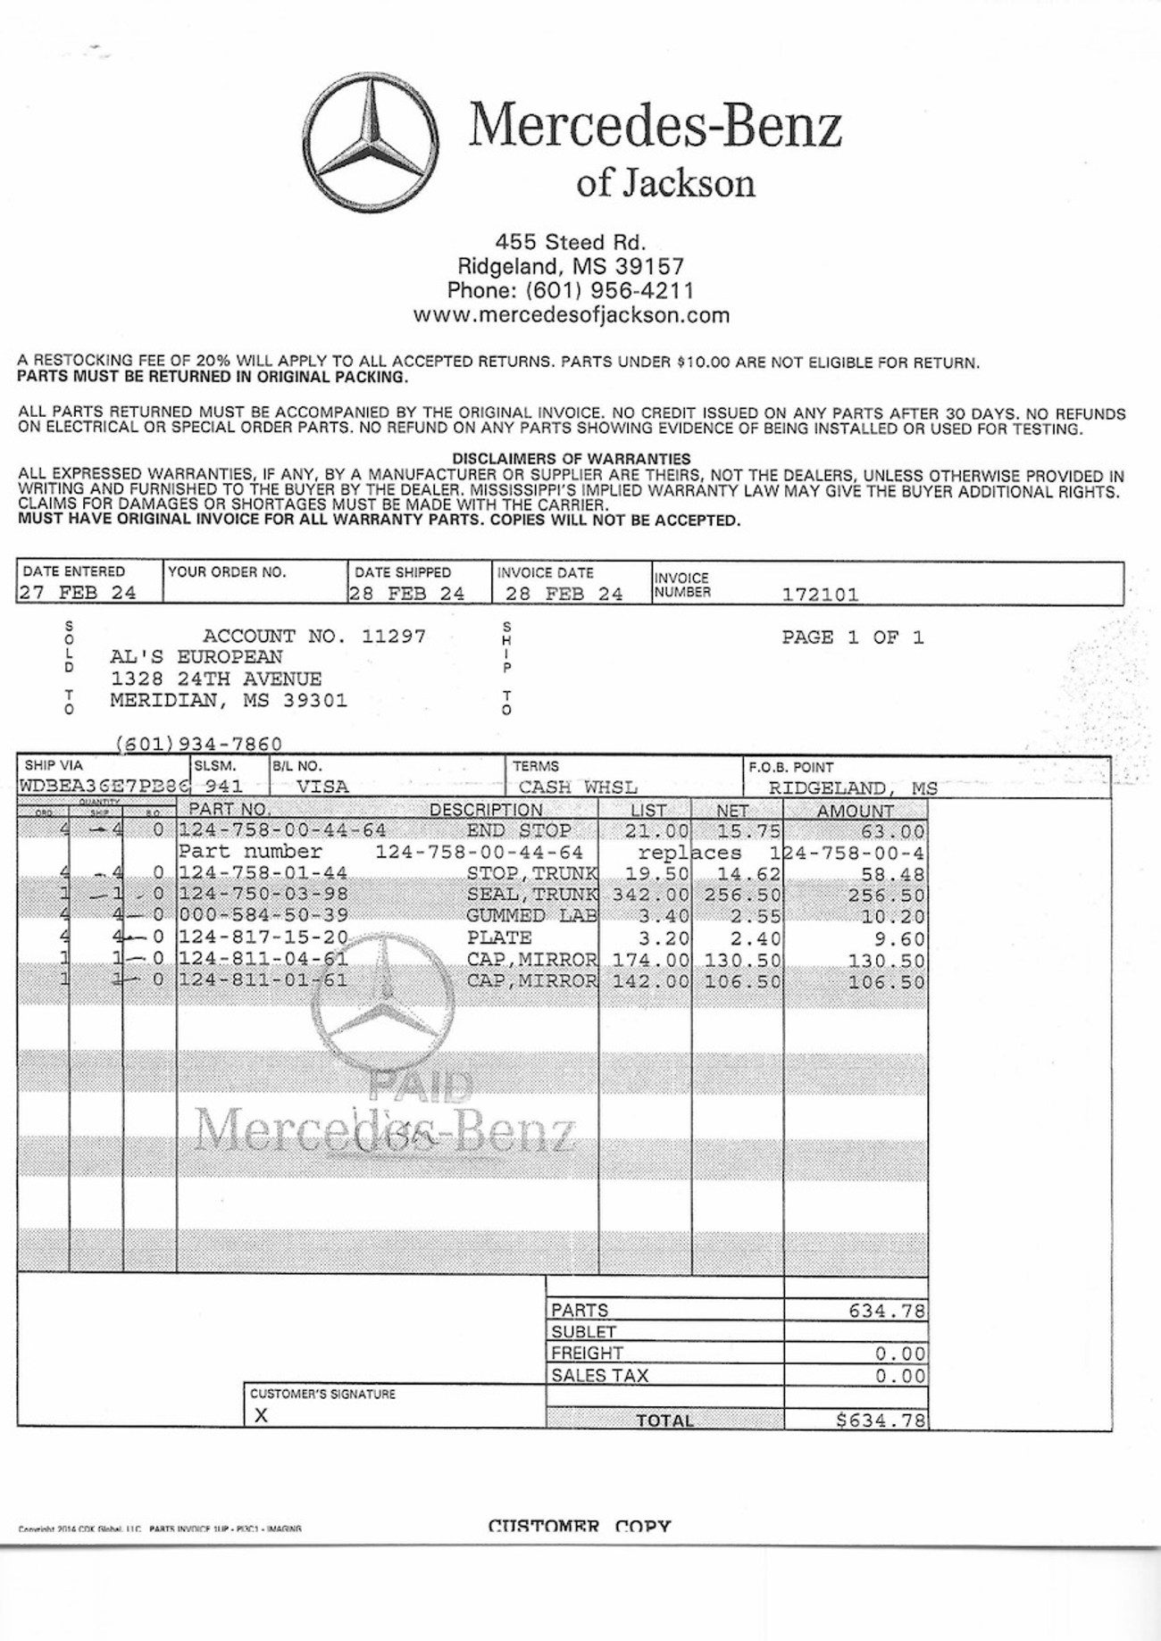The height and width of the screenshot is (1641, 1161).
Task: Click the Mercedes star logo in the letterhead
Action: (x=369, y=143)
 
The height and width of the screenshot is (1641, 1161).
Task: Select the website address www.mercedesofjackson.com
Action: (x=571, y=315)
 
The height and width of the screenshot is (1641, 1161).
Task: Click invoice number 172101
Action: (x=820, y=595)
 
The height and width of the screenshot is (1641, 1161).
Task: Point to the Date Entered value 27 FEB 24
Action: (x=78, y=593)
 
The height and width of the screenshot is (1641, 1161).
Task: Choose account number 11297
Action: (x=394, y=637)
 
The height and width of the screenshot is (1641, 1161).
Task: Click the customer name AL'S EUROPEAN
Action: (x=196, y=658)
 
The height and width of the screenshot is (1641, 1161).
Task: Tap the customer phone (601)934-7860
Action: (x=199, y=744)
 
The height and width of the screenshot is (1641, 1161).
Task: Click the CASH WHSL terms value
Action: (x=578, y=787)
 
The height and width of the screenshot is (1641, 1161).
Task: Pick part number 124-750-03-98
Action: (x=263, y=895)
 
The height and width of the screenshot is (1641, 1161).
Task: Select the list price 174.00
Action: (x=651, y=961)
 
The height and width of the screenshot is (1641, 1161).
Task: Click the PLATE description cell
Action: (x=499, y=938)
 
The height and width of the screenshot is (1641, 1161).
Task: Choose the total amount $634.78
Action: (x=881, y=1420)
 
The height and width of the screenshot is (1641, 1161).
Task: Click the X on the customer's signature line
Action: (x=261, y=1415)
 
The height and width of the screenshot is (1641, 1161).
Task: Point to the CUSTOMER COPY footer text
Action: (x=580, y=1527)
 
